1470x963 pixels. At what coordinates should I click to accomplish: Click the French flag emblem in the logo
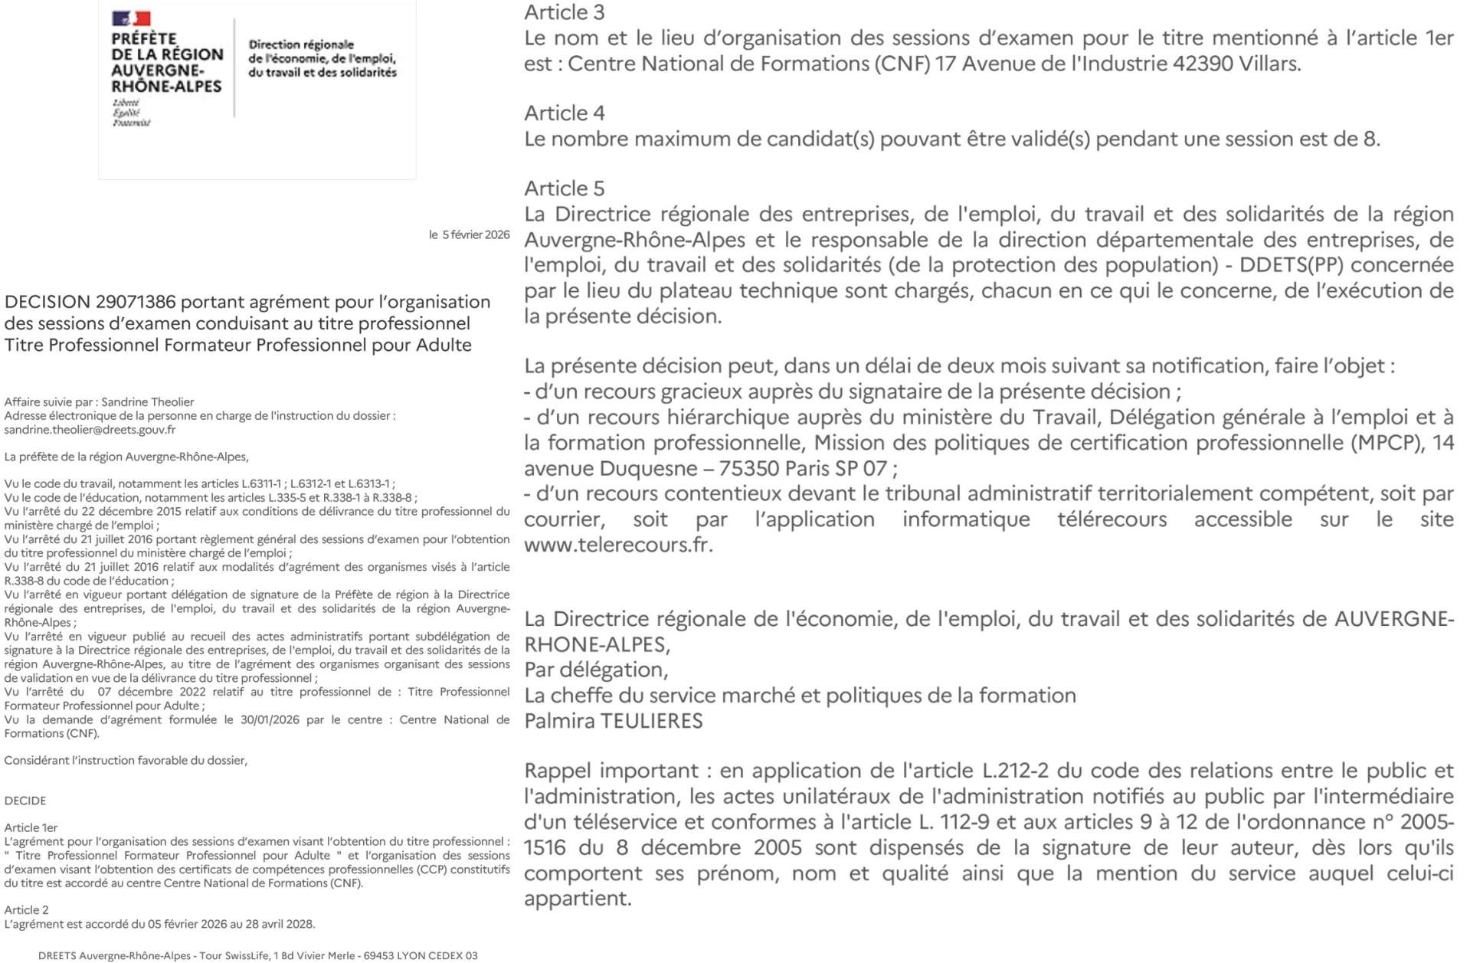[x=131, y=18]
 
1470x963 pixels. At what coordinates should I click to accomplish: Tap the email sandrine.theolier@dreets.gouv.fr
[x=90, y=430]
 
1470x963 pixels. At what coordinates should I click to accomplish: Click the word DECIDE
[x=25, y=801]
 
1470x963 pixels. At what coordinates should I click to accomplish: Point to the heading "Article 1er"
[x=31, y=827]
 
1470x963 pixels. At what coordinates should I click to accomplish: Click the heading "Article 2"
[x=26, y=910]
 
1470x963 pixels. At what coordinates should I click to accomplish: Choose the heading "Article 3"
[x=564, y=12]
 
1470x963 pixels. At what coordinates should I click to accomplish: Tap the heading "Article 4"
[x=564, y=113]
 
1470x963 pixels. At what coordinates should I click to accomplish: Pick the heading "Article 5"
[x=564, y=188]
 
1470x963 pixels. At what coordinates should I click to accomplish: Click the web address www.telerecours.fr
[x=617, y=545]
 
